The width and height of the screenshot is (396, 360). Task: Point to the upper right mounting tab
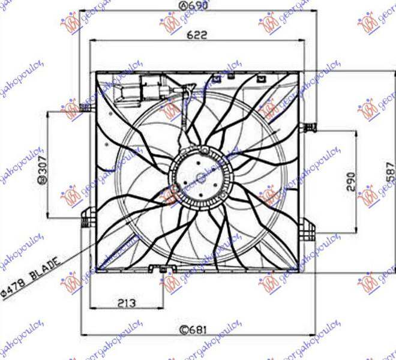[310, 127]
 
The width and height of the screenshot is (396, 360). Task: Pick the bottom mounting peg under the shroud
[163, 274]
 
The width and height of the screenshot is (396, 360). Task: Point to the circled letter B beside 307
[42, 181]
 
